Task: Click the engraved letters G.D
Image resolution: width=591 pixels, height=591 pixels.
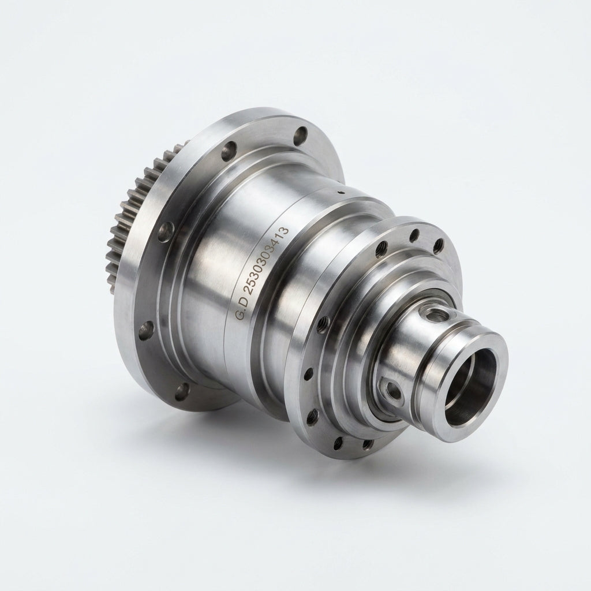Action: click(x=242, y=309)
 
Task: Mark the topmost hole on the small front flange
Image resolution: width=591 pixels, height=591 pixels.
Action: click(x=414, y=235)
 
